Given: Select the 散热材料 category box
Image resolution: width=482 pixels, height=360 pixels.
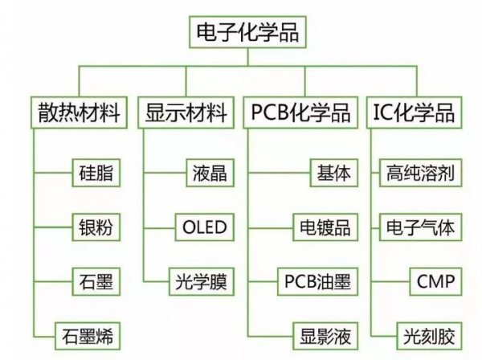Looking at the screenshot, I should [79, 112].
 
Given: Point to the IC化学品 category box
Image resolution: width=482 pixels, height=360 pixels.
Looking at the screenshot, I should [414, 112].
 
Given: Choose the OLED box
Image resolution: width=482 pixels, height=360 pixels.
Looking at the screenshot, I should [202, 227].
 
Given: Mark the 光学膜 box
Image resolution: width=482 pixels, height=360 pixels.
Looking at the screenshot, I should [202, 282].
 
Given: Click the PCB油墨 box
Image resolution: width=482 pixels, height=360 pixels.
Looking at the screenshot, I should [317, 282].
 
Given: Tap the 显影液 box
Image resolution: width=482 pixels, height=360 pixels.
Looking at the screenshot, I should [323, 334].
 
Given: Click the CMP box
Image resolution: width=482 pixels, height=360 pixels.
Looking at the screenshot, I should [436, 282].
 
